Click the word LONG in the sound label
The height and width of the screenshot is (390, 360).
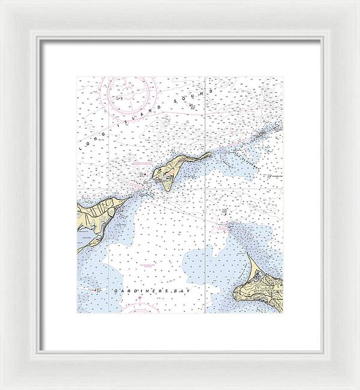point(89,142)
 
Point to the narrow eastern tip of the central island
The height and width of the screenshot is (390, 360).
point(209,154)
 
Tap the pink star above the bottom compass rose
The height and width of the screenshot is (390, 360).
point(140,298)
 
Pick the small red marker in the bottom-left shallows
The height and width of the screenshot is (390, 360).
point(95,289)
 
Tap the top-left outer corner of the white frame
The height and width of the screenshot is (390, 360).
point(1,1)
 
